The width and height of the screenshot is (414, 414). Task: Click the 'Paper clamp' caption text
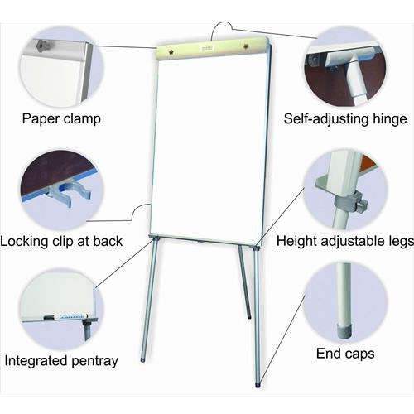coord(62,118)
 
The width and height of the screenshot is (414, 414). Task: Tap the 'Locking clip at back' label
coord(62,241)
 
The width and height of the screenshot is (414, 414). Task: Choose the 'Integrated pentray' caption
coord(61,360)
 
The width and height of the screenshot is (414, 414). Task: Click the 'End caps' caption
coord(345,354)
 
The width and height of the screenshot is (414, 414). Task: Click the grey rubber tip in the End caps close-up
coord(341,329)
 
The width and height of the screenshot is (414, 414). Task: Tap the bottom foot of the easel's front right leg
coord(258,383)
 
